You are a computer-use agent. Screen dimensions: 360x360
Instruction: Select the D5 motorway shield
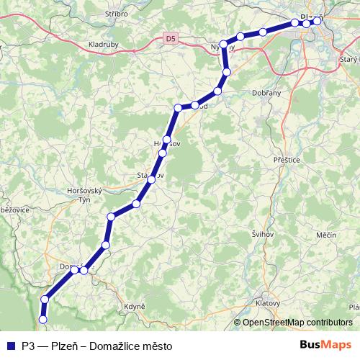pos(169,38)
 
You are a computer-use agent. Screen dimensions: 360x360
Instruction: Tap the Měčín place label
pos(325,235)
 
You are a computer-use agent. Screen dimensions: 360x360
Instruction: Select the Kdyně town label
pos(135,306)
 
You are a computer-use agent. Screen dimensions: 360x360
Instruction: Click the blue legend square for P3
pos(10,346)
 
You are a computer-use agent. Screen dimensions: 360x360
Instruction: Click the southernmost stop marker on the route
pos(42,319)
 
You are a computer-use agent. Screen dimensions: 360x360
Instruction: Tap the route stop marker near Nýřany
pos(224,45)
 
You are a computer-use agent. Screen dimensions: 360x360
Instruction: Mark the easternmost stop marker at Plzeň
pos(317,21)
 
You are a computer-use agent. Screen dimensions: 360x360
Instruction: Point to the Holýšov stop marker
pos(166,140)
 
